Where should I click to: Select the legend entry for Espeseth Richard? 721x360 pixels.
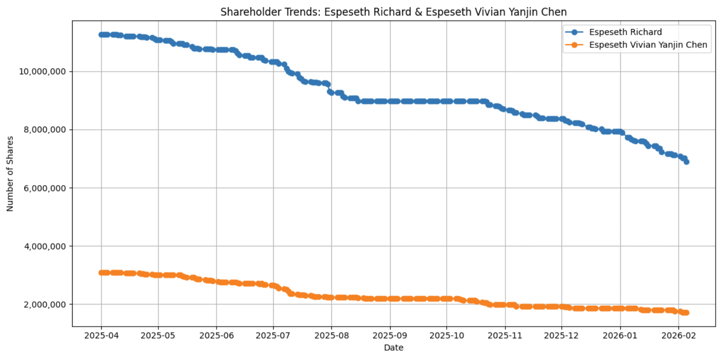click(x=626, y=32)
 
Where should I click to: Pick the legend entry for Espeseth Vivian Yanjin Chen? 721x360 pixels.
click(x=648, y=45)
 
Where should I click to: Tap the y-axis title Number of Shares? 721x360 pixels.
click(x=10, y=174)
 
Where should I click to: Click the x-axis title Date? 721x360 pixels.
click(x=393, y=347)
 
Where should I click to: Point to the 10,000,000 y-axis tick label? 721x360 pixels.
click(x=45, y=72)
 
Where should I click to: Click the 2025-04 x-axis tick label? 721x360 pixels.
click(x=101, y=335)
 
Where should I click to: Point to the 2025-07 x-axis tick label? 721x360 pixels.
click(x=273, y=335)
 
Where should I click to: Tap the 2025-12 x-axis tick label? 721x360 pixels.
click(x=562, y=335)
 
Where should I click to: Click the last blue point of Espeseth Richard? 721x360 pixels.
click(x=686, y=162)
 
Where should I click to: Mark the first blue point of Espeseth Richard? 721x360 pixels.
click(x=101, y=34)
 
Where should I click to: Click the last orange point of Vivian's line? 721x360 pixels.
click(x=686, y=313)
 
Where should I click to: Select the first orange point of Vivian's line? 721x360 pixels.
click(x=101, y=273)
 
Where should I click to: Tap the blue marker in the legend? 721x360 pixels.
click(x=575, y=32)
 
